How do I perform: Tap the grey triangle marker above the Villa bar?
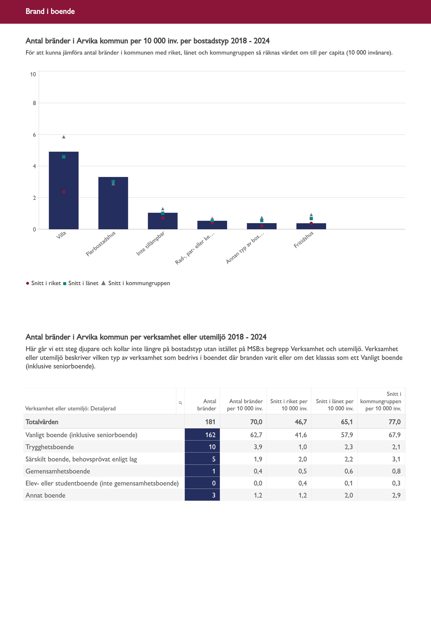(x=64, y=137)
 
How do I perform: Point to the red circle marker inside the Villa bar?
(x=64, y=192)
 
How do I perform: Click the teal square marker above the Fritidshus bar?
(x=311, y=218)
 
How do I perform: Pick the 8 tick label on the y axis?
(x=34, y=103)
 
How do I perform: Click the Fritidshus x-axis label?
(x=304, y=240)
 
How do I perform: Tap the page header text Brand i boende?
(x=50, y=11)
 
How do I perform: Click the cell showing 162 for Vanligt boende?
(x=210, y=435)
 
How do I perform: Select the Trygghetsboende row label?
(x=50, y=447)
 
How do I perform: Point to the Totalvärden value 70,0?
(x=256, y=422)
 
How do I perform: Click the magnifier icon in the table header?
(x=180, y=403)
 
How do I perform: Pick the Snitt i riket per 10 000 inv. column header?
(x=289, y=405)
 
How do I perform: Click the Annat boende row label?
(x=45, y=495)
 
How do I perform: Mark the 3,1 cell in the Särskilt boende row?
(x=396, y=459)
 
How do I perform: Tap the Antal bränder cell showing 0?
(x=214, y=483)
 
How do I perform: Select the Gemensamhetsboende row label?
(x=58, y=471)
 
